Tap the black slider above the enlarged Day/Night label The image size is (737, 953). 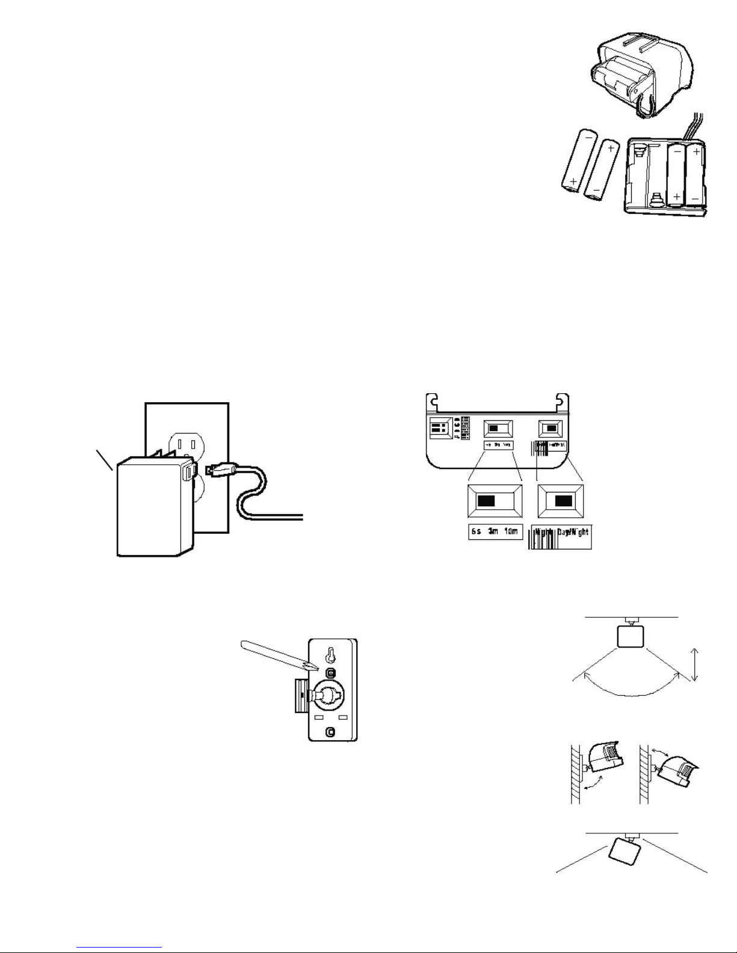[563, 501]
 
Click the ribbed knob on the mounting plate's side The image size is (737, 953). [301, 696]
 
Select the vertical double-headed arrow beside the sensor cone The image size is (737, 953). [695, 664]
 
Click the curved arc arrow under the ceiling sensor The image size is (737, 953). [629, 691]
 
